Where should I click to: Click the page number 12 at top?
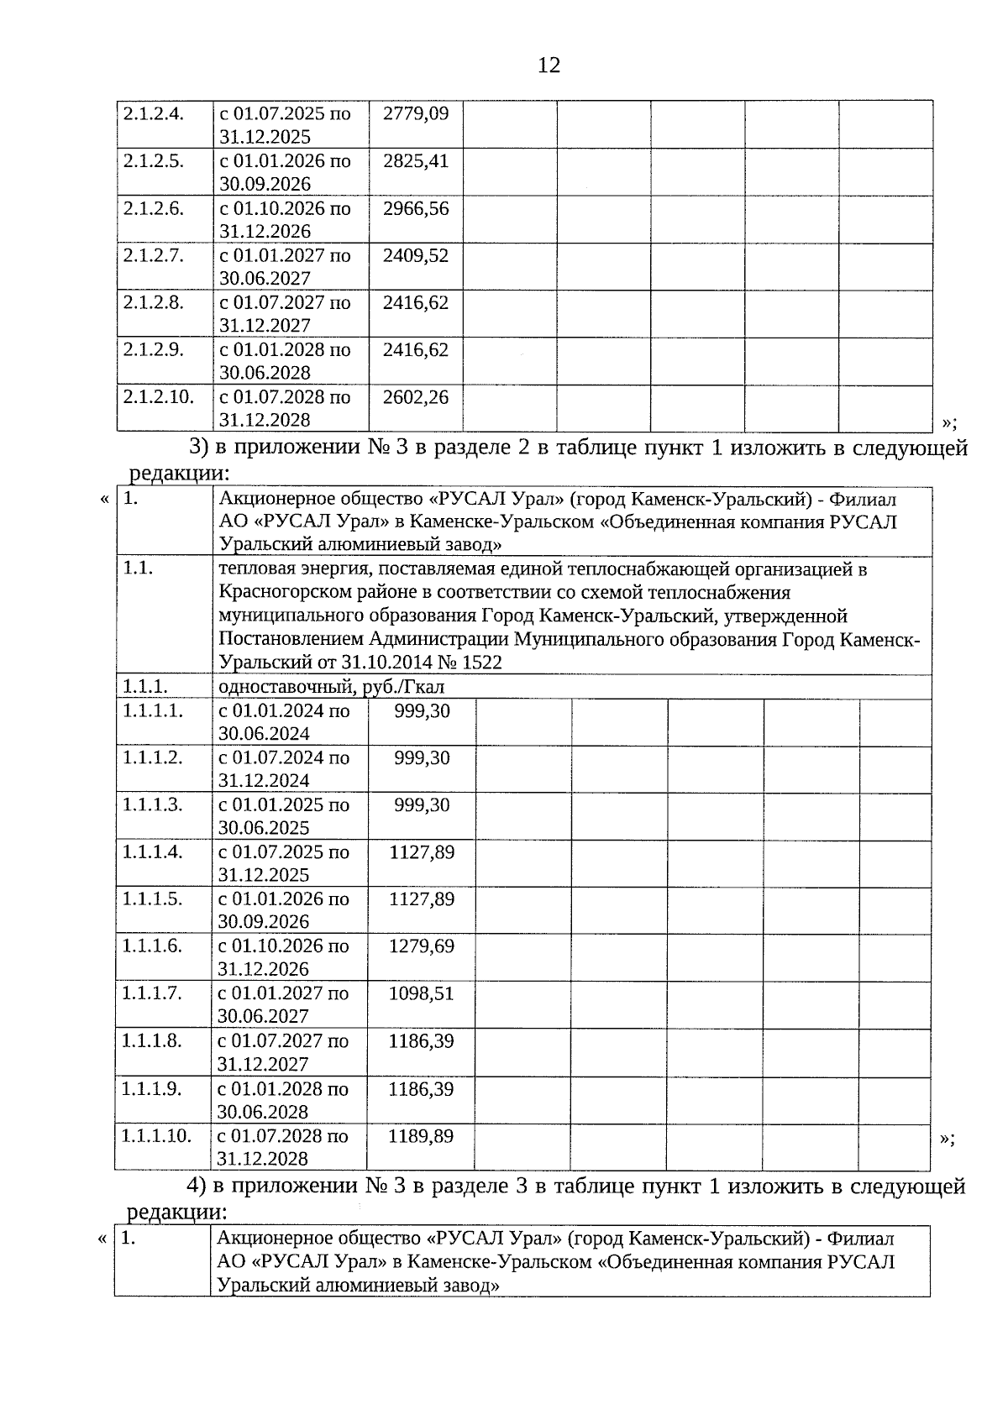tap(549, 65)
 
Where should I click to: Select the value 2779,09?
tap(416, 113)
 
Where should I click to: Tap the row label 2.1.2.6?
tap(153, 207)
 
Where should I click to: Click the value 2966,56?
tap(416, 207)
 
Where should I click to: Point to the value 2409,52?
tap(416, 254)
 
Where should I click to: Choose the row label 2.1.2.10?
tap(158, 396)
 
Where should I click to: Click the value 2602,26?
tap(416, 396)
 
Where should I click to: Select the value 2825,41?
tap(416, 160)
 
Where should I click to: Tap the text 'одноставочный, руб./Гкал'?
tap(331, 687)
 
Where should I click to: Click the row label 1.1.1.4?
tap(152, 851)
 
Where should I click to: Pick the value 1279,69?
tap(421, 946)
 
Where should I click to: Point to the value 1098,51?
tap(421, 993)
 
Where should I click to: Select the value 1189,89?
tap(421, 1136)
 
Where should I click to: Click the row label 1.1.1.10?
tap(156, 1136)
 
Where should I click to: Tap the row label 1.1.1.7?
tap(152, 993)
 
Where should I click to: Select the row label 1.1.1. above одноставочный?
tap(144, 687)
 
